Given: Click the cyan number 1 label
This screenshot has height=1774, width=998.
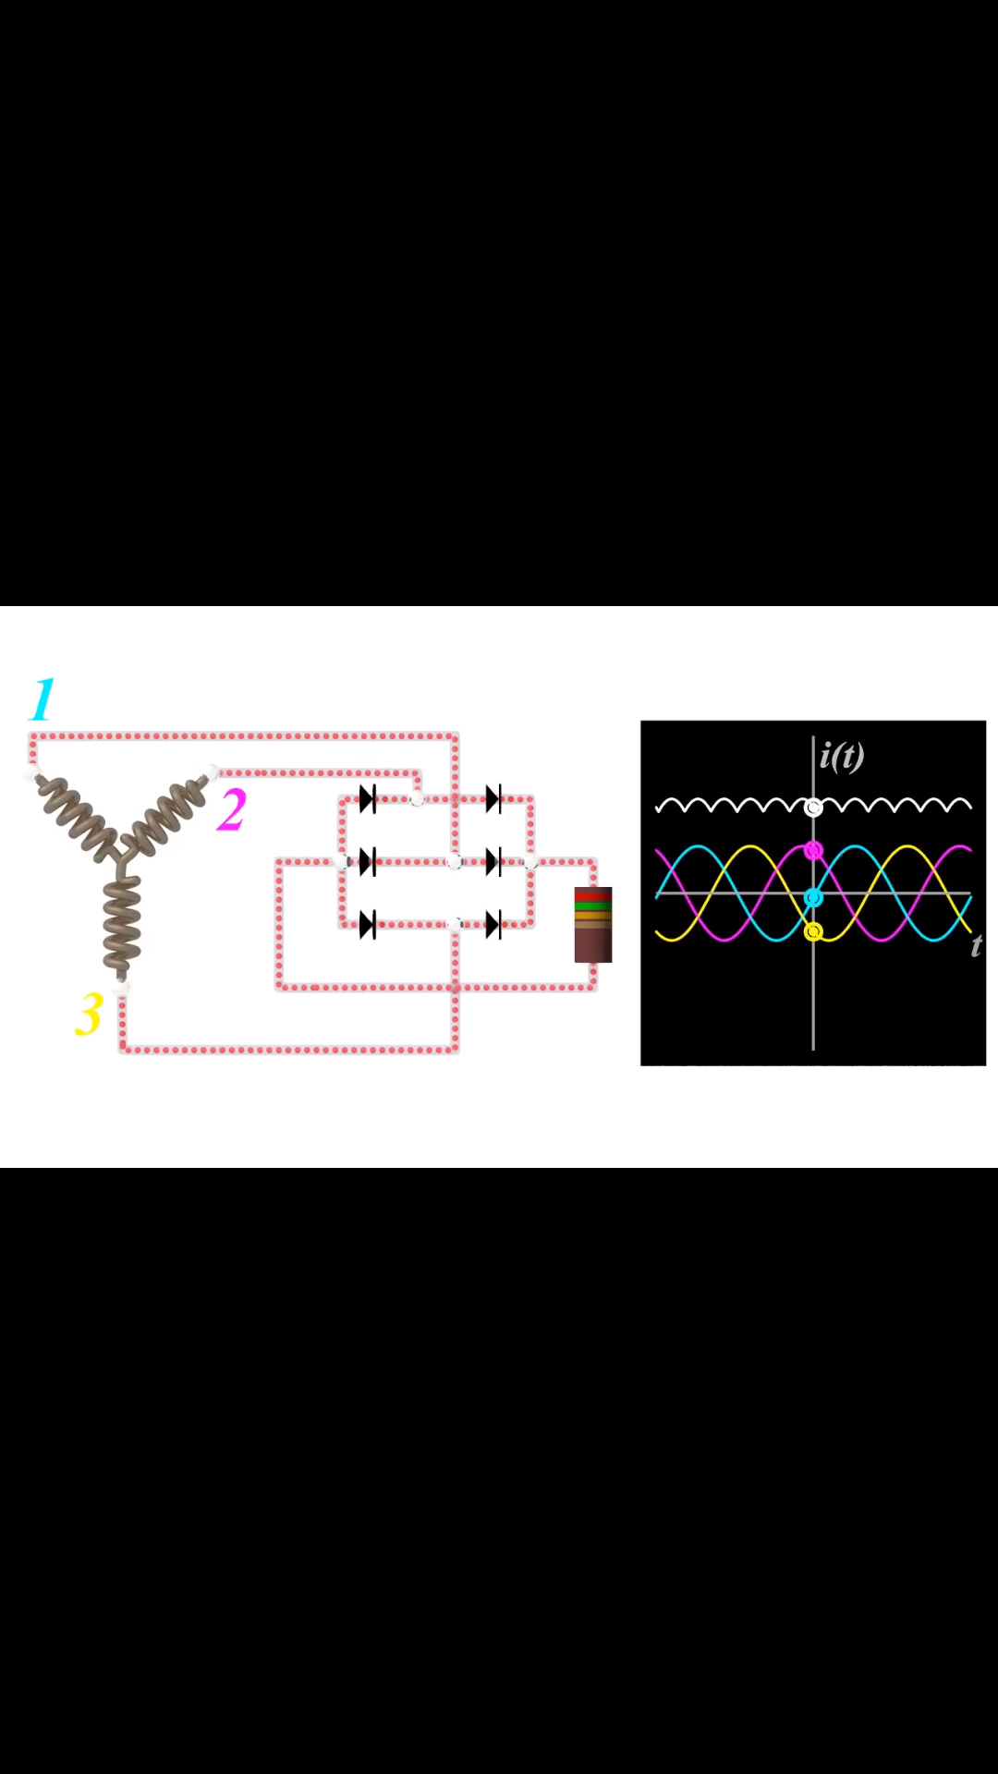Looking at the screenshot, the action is click(x=43, y=699).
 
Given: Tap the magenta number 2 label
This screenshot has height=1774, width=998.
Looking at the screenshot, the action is click(x=232, y=809).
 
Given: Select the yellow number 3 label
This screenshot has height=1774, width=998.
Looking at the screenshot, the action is click(x=89, y=1015).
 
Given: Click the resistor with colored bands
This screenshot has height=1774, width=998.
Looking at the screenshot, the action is click(x=593, y=925).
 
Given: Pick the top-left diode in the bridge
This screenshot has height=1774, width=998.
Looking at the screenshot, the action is click(x=368, y=799).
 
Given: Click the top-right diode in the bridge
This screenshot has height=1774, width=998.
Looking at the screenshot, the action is click(x=493, y=799).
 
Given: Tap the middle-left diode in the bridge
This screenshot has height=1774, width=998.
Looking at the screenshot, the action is click(x=368, y=862).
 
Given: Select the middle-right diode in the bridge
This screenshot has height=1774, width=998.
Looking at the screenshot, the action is click(x=493, y=862).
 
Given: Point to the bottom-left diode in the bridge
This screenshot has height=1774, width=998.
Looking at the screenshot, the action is click(x=368, y=924).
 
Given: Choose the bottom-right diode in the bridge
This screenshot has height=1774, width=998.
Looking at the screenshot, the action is click(x=493, y=924).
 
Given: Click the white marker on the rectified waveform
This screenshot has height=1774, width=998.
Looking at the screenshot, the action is click(x=813, y=808).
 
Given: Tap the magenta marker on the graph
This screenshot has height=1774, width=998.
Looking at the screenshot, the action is click(x=813, y=850).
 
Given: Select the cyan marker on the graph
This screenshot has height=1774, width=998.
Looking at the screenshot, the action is click(x=813, y=897).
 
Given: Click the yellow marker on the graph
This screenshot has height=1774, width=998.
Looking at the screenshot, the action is click(x=813, y=931).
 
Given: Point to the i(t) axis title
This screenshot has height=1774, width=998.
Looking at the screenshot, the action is click(x=842, y=756).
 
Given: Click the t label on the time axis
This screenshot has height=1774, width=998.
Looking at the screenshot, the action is click(x=976, y=945).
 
